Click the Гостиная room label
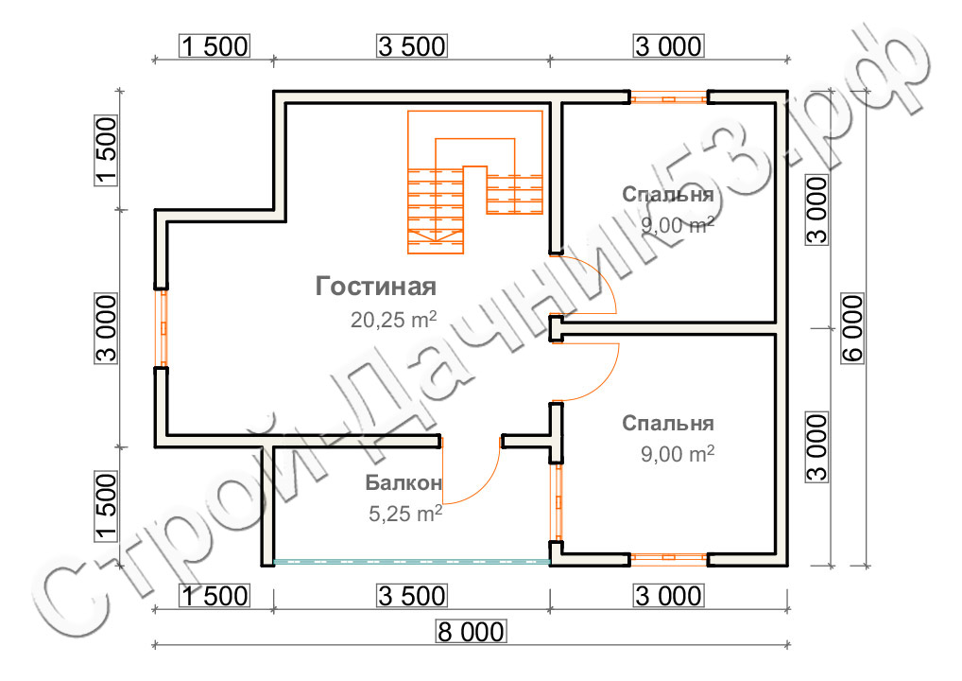pos(375,287)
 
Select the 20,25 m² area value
pos(393,320)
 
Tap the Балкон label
pos(404,482)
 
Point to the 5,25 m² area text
pos(404,514)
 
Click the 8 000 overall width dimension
pos(472,631)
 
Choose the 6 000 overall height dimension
pos(852,328)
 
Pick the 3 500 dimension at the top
pos(412,46)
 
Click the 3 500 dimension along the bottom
pos(412,596)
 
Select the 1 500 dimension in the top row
pos(215,46)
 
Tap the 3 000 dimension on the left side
pos(106,328)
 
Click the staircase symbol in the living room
pos(475,182)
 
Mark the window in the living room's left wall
pos(163,328)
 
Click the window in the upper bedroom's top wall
pos(669,97)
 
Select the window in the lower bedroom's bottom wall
pos(669,558)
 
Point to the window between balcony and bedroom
pos(558,501)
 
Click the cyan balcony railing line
pos(412,561)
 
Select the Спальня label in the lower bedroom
pos(667,423)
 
